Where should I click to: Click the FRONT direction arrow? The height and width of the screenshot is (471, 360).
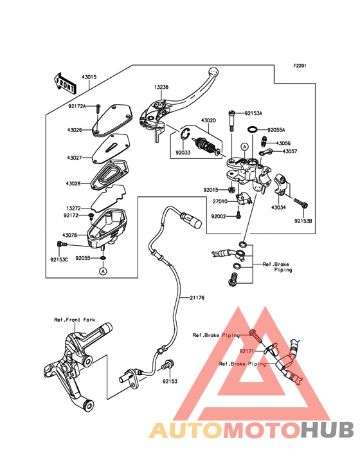pyautogui.click(x=65, y=83)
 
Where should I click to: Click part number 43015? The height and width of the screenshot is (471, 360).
pyautogui.click(x=89, y=77)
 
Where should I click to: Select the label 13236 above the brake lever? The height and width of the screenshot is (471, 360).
pyautogui.click(x=161, y=87)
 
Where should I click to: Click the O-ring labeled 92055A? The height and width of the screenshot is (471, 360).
pyautogui.click(x=253, y=129)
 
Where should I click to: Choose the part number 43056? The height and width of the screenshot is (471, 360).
pyautogui.click(x=283, y=143)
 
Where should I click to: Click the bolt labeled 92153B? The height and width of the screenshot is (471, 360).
pyautogui.click(x=301, y=203)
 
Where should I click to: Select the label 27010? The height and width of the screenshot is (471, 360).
pyautogui.click(x=221, y=201)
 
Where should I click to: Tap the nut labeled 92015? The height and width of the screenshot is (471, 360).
pyautogui.click(x=231, y=190)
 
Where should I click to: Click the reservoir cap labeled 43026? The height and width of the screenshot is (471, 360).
pyautogui.click(x=113, y=120)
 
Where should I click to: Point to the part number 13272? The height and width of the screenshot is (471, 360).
pyautogui.click(x=73, y=208)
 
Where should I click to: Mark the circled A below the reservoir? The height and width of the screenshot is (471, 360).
pyautogui.click(x=103, y=272)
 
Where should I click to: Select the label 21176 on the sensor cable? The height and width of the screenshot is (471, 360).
pyautogui.click(x=197, y=298)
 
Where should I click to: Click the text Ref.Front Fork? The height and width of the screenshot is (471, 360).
pyautogui.click(x=75, y=320)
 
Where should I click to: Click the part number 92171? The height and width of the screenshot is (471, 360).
pyautogui.click(x=247, y=351)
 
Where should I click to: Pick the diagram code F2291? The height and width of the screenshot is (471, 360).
pyautogui.click(x=300, y=66)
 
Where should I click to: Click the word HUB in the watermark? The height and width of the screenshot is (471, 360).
pyautogui.click(x=328, y=430)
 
